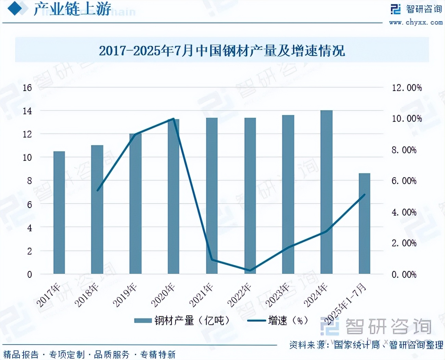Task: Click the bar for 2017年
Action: [x=59, y=213]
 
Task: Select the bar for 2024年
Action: [x=326, y=192]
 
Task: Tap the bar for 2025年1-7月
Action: [x=364, y=223]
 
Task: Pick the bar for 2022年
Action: [x=250, y=196]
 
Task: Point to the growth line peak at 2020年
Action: [x=174, y=119]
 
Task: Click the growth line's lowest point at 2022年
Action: [x=250, y=270]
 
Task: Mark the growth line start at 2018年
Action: [x=98, y=190]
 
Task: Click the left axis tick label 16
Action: [x=27, y=88]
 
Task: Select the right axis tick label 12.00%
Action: [x=407, y=88]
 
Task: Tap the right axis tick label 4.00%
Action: [x=404, y=212]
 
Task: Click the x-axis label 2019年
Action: [x=125, y=295]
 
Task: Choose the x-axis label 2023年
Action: [x=278, y=295]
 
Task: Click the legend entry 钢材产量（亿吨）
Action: [x=182, y=321]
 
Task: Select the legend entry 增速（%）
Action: [x=278, y=321]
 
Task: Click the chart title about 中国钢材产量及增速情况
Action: [x=222, y=51]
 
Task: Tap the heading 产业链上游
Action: [x=72, y=9]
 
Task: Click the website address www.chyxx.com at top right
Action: [x=416, y=23]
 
